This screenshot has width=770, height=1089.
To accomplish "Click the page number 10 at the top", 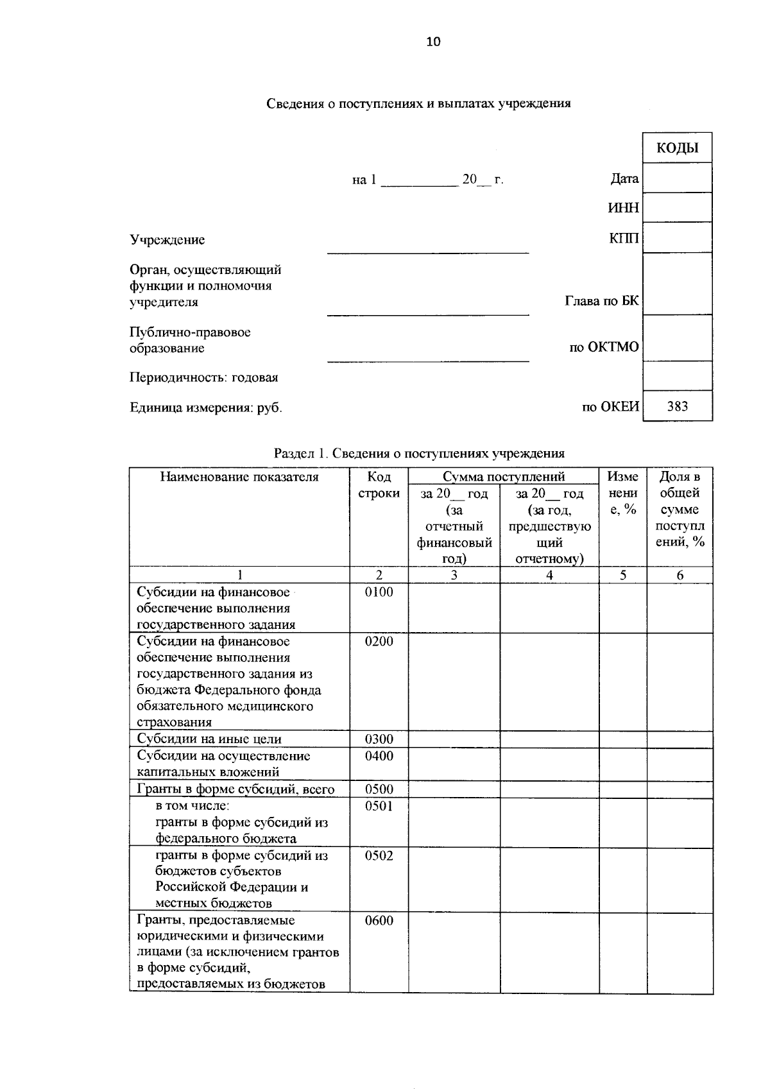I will click(x=433, y=42).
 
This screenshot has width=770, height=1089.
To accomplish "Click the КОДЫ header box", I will click(x=677, y=148).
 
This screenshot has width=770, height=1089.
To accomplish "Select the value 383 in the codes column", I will click(x=677, y=406).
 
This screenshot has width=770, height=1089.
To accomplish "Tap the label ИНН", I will click(x=623, y=209).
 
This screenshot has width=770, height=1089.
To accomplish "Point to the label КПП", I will click(x=624, y=239).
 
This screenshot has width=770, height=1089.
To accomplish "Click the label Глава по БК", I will click(x=601, y=300).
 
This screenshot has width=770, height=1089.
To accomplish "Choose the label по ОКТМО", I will click(x=604, y=347).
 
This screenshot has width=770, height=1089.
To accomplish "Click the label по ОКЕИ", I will click(x=610, y=407).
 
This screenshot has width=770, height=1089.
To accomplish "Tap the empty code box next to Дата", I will click(x=677, y=178).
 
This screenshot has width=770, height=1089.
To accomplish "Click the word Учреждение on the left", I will click(x=167, y=240).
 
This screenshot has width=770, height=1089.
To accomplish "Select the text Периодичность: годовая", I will click(x=203, y=377).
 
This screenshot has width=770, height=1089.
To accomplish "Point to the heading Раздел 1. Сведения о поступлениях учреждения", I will click(x=419, y=453).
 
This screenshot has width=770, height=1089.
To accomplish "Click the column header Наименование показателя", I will click(x=239, y=477).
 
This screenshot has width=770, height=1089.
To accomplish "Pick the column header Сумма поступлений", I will click(x=503, y=477).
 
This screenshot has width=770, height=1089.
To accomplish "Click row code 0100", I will click(x=379, y=592).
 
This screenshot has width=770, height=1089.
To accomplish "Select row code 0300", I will click(x=379, y=739).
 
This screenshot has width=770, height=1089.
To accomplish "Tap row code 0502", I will click(x=379, y=855).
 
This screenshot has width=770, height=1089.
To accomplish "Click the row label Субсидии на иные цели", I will click(x=209, y=739).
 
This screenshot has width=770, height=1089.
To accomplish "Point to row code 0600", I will click(x=379, y=921).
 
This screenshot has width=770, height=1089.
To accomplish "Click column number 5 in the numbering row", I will click(x=622, y=575).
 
